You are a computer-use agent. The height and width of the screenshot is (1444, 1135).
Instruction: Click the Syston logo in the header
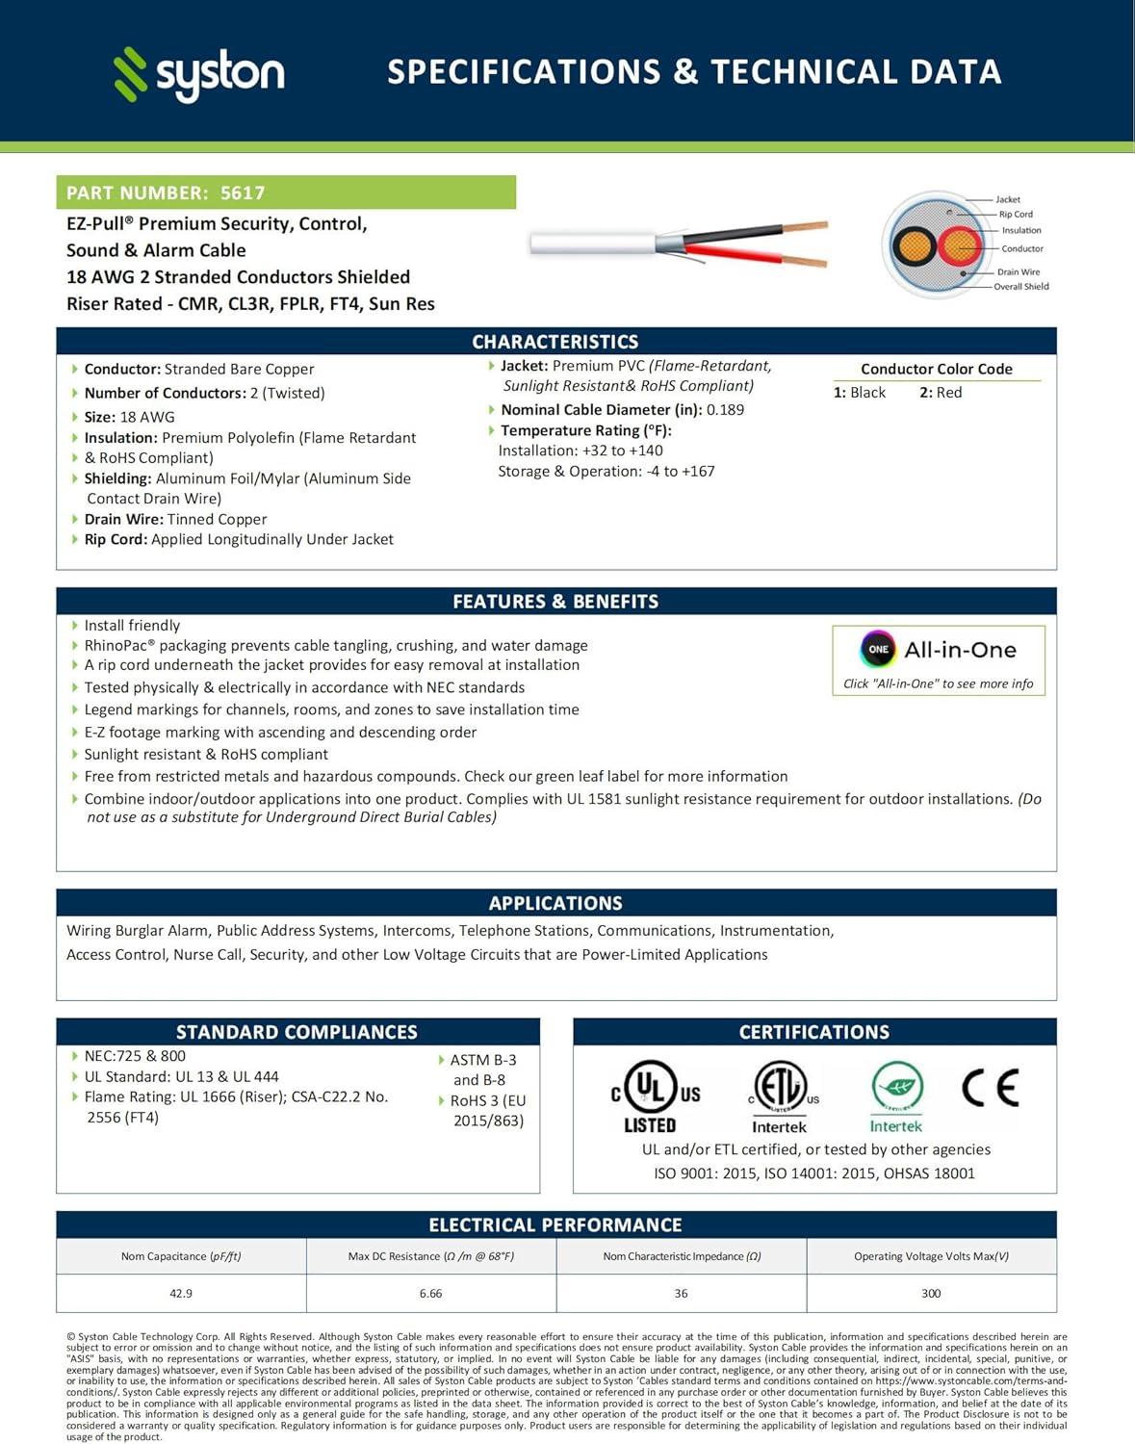click(x=199, y=74)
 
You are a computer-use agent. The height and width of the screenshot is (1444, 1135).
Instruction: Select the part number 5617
click(x=243, y=193)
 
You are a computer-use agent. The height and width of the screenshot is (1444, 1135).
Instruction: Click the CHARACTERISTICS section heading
click(x=555, y=342)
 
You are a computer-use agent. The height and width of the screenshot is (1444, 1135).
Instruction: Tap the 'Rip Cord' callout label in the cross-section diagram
click(x=1016, y=215)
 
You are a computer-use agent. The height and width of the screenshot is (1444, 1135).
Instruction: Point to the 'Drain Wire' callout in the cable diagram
click(x=1019, y=272)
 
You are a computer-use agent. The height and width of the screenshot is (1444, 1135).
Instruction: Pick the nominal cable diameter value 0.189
click(x=725, y=409)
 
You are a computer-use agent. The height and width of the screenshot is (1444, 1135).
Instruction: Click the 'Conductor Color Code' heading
click(x=936, y=369)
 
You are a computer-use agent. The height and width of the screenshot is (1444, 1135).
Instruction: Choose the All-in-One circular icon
click(x=878, y=649)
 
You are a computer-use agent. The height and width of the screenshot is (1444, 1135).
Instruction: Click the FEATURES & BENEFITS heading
click(x=555, y=602)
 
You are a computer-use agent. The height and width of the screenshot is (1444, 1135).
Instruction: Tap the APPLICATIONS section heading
click(x=555, y=903)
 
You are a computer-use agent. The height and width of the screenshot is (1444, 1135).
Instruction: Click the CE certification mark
click(x=990, y=1089)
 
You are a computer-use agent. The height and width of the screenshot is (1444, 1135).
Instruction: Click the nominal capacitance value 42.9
click(x=181, y=1293)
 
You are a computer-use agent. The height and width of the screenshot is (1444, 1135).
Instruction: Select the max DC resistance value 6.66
click(x=431, y=1293)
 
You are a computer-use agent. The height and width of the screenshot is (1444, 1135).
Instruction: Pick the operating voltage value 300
click(x=931, y=1293)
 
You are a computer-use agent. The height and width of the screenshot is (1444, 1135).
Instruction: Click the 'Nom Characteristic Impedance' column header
click(x=682, y=1256)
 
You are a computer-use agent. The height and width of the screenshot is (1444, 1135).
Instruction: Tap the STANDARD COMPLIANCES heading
click(x=297, y=1032)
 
